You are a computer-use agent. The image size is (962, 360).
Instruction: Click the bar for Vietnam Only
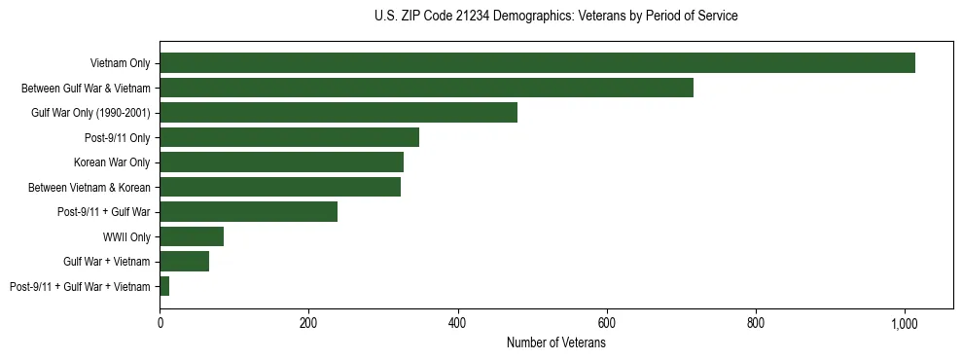[x=537, y=63]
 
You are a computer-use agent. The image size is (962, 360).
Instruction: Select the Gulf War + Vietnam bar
[x=184, y=262]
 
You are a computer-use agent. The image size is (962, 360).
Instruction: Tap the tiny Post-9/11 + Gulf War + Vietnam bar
[x=164, y=286]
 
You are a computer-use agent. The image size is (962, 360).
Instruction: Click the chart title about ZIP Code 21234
[x=555, y=16]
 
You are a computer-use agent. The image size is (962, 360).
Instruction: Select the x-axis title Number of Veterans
[x=555, y=342]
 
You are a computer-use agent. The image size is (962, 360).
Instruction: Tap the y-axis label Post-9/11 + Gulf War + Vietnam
[x=80, y=286]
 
